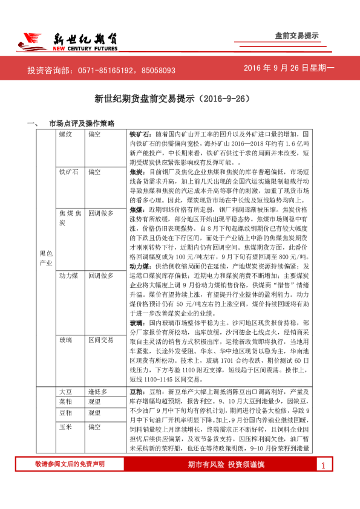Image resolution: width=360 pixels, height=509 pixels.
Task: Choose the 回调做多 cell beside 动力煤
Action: [x=101, y=276]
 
